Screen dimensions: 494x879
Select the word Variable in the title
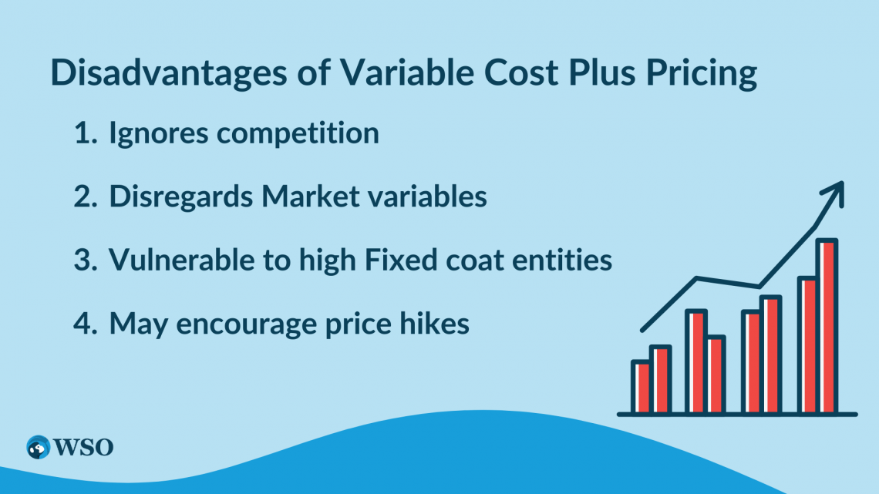[x=374, y=75]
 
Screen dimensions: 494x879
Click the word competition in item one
[x=298, y=133]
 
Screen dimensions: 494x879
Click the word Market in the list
[x=300, y=197]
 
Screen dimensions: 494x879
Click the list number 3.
[x=83, y=260]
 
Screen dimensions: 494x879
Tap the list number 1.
[x=83, y=134]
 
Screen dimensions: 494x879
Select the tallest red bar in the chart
[x=827, y=326]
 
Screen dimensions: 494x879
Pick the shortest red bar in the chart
[x=641, y=387]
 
